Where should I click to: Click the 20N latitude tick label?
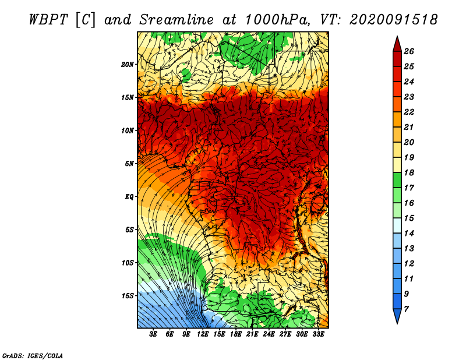click(x=128, y=64)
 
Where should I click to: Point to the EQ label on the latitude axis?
click(x=129, y=197)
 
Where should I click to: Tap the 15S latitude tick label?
click(x=128, y=296)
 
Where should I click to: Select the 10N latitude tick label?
click(x=128, y=130)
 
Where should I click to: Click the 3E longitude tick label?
click(x=154, y=334)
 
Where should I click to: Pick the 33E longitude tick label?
click(x=318, y=334)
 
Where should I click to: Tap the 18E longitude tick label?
click(x=236, y=334)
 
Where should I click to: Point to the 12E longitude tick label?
click(x=203, y=334)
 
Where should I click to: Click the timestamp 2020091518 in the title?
click(x=394, y=20)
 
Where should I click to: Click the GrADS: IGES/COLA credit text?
click(x=33, y=355)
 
